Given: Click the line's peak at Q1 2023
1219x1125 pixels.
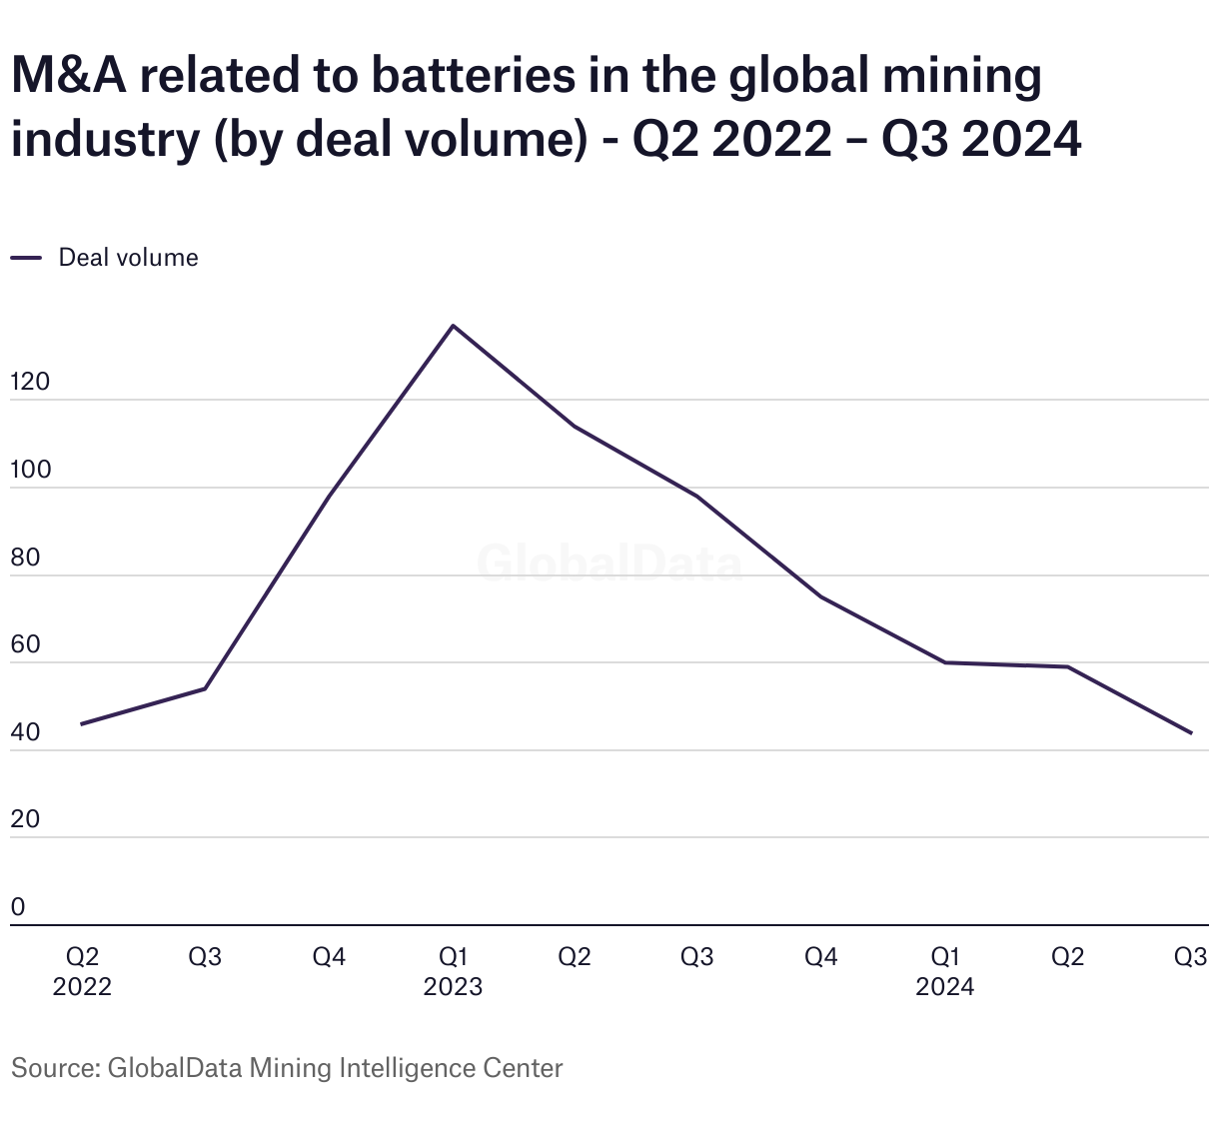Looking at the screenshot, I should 453,326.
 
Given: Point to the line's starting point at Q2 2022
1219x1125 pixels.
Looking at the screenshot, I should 82,723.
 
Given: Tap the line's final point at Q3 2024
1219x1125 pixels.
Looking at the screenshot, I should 1191,733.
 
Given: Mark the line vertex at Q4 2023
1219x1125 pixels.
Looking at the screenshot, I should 821,596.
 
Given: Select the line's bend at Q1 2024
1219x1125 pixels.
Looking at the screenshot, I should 945,662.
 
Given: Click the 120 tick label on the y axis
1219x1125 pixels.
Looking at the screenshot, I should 30,383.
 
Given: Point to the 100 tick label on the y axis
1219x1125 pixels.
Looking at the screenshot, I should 30,471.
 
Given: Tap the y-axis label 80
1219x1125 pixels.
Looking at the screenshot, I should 26,558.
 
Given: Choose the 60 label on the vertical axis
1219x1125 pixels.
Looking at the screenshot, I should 26,645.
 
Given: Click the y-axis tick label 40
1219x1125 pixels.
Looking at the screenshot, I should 26,732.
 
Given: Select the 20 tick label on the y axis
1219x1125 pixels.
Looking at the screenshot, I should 26,820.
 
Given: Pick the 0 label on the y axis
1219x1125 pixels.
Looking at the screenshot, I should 18,907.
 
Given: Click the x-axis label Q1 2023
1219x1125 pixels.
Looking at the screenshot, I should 453,972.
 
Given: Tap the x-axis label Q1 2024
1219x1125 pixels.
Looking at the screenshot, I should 945,972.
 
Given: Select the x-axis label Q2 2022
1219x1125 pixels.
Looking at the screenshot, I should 82,972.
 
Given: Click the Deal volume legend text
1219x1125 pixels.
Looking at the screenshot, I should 128,258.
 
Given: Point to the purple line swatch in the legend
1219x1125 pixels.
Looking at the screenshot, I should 26,258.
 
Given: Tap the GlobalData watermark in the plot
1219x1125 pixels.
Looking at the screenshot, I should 609,563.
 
